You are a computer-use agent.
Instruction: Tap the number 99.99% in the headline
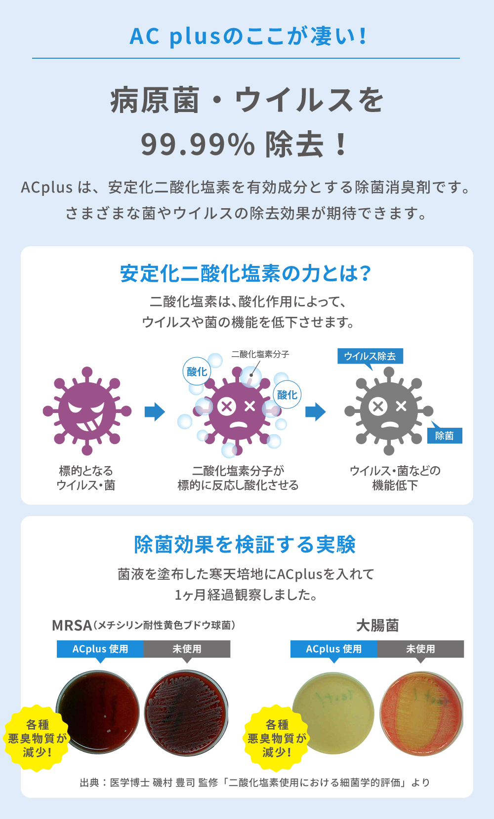click(198, 145)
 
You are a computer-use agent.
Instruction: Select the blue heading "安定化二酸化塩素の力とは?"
click(246, 274)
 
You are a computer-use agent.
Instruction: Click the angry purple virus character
click(87, 411)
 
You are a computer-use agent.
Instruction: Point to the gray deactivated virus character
click(389, 411)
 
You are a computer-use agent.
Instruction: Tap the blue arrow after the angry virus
click(155, 411)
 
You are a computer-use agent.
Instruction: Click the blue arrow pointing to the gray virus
click(315, 411)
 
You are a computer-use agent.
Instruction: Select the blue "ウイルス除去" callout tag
click(370, 356)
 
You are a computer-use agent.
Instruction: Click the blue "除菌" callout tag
click(445, 436)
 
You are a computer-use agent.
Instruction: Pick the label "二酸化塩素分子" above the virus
click(260, 354)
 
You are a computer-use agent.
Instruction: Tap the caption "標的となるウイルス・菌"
click(86, 478)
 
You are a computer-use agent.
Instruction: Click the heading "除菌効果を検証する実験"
click(245, 545)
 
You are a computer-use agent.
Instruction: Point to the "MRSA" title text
click(72, 626)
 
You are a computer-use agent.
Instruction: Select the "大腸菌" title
click(377, 626)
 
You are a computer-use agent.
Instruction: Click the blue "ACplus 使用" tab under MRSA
click(100, 649)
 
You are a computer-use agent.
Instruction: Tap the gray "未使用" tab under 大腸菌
click(420, 649)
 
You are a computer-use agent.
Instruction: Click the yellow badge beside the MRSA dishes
click(37, 738)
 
